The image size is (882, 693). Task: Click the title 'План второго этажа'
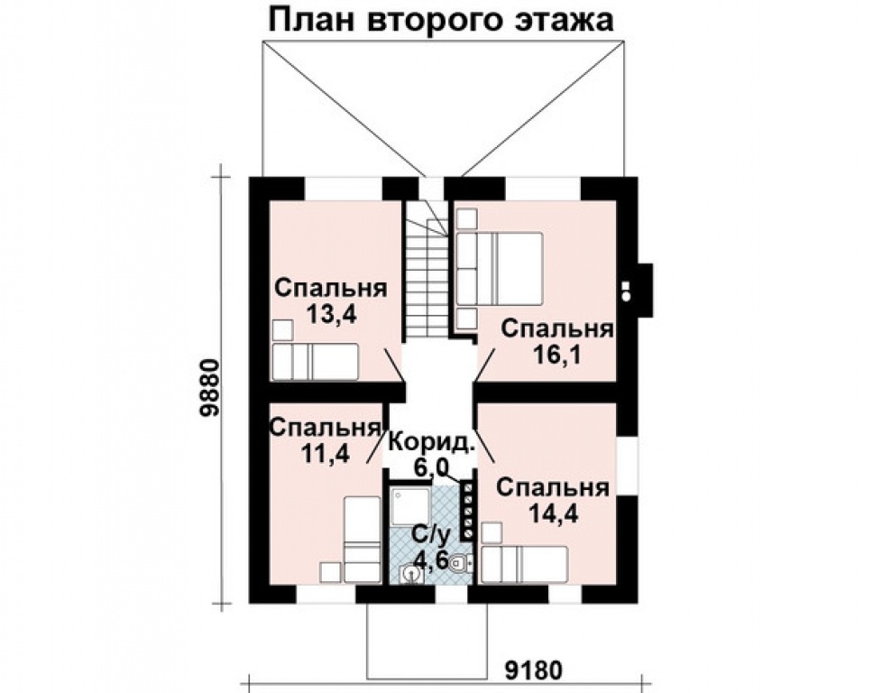pyautogui.click(x=440, y=20)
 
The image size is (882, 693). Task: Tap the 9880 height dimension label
pyautogui.click(x=210, y=388)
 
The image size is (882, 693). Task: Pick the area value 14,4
pyautogui.click(x=553, y=513)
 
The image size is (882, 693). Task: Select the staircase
pyautogui.click(x=425, y=271)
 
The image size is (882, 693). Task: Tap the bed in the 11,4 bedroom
pyautogui.click(x=363, y=540)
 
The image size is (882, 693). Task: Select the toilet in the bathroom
pyautogui.click(x=459, y=564)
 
